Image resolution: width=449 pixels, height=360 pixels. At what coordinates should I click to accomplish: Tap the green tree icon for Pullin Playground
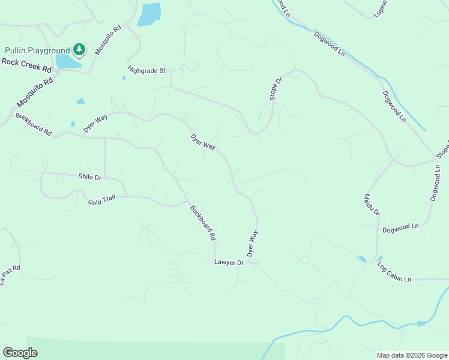(79, 49)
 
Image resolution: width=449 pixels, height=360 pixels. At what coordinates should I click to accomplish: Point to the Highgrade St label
(146, 70)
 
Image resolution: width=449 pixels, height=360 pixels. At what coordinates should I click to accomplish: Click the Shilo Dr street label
(90, 176)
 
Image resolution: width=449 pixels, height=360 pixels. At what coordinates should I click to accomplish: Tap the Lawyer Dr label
(229, 262)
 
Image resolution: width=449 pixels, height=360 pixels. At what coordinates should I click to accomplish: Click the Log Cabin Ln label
(394, 272)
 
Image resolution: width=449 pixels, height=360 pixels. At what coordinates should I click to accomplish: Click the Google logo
(20, 353)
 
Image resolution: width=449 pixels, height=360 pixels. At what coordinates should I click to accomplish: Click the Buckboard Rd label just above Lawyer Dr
(203, 223)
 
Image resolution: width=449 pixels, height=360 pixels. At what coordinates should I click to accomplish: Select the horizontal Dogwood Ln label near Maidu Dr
(400, 227)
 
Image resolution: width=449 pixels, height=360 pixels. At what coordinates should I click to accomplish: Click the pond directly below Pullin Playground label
(67, 62)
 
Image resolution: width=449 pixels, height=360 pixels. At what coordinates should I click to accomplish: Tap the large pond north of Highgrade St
(149, 14)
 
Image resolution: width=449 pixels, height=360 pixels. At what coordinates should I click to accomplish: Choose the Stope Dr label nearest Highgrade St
(274, 89)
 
